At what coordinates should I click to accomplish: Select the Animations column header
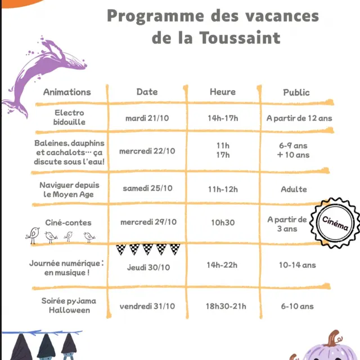[67, 92]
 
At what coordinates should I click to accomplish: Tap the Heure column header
[223, 92]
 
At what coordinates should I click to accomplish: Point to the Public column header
[296, 92]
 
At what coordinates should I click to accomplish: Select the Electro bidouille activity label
[69, 117]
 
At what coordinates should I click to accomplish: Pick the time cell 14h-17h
[223, 118]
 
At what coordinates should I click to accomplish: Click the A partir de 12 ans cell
[299, 118]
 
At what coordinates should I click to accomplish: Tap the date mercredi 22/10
[147, 151]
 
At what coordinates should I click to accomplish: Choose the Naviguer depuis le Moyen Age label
[66, 190]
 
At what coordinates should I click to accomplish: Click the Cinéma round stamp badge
[335, 223]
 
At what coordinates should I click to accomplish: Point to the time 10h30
[223, 223]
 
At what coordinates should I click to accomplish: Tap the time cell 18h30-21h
[226, 307]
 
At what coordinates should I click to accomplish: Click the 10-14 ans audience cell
[297, 265]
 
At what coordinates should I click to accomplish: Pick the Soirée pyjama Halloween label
[69, 305]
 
